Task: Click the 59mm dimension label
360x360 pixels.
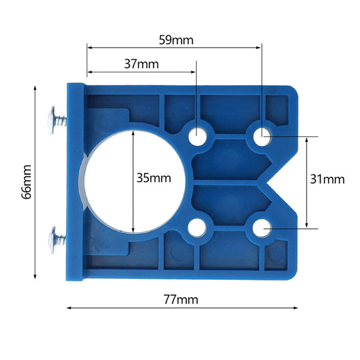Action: [x=176, y=40]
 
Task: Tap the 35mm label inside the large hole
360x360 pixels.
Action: [x=154, y=178]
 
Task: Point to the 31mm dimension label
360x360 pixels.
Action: [x=327, y=179]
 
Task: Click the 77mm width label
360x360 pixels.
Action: [x=181, y=299]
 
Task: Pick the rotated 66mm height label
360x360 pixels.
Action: [x=27, y=181]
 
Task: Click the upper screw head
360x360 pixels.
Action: [x=52, y=119]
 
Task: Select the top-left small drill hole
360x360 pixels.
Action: [x=197, y=136]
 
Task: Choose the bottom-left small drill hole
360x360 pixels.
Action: [x=197, y=228]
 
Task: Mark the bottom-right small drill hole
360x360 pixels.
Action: [x=261, y=228]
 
